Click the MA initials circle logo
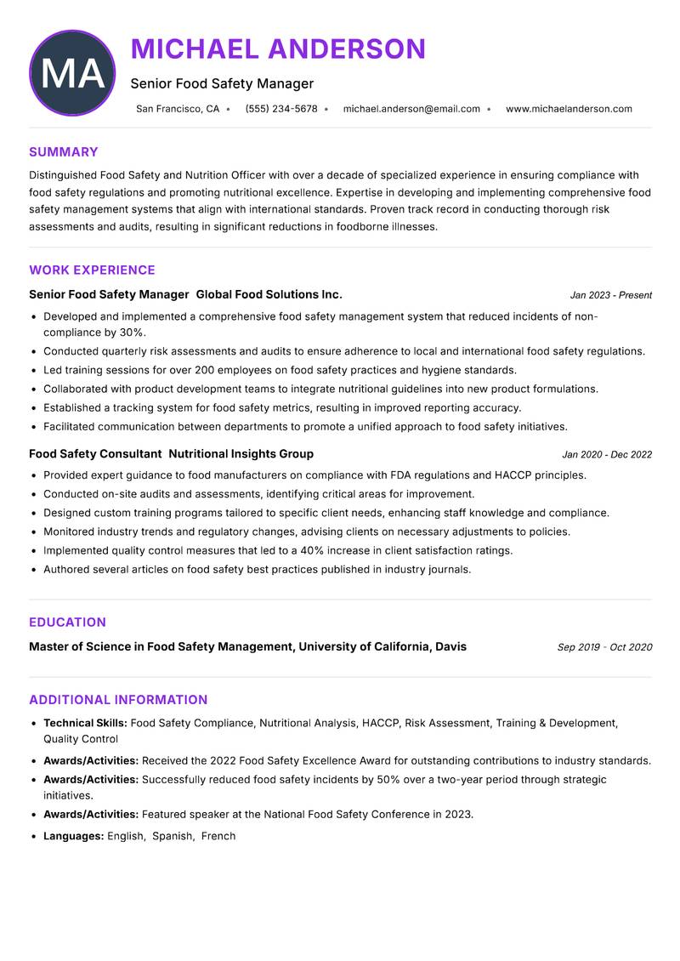pos(72,73)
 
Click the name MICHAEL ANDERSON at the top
pos(278,49)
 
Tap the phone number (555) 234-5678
pos(281,109)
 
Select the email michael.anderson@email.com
pos(411,109)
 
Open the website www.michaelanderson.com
pos(569,109)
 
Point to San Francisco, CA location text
pos(178,109)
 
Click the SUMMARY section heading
pos(64,152)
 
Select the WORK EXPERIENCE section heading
pos(92,270)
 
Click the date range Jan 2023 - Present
pos(610,295)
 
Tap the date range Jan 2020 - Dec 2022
pos(607,455)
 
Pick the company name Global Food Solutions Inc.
pos(269,294)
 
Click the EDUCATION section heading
pos(67,623)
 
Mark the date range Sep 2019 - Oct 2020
pos(604,647)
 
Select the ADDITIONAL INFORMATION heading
pos(118,700)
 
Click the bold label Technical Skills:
pos(85,723)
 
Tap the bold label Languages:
pos(74,836)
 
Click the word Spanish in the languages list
pos(173,836)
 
